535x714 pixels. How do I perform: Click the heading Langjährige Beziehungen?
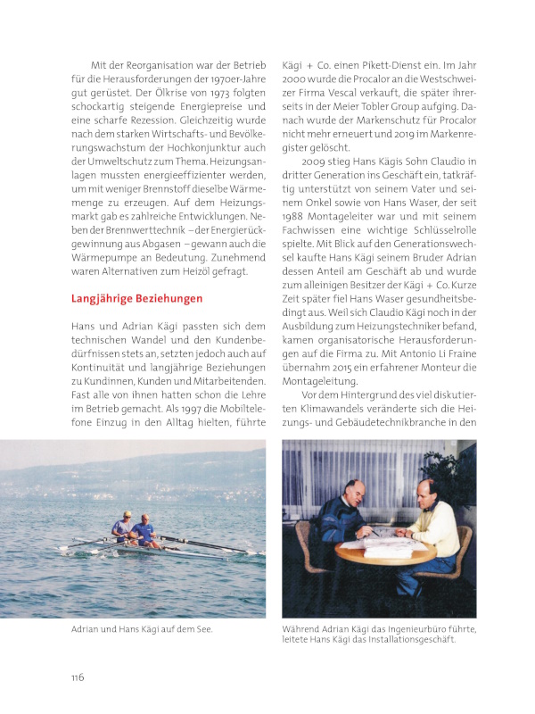click(136, 298)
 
